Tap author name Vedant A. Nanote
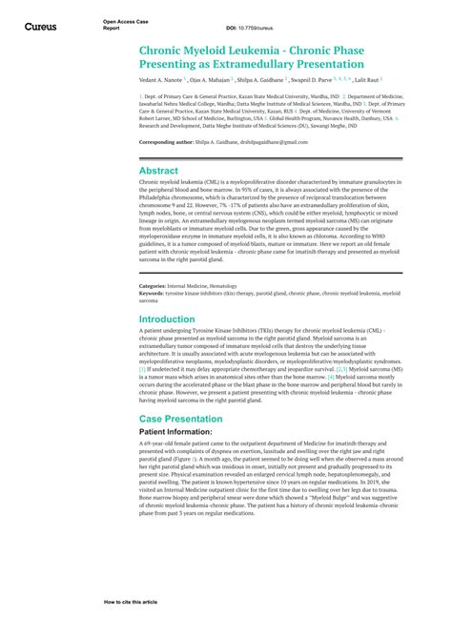(x=161, y=81)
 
